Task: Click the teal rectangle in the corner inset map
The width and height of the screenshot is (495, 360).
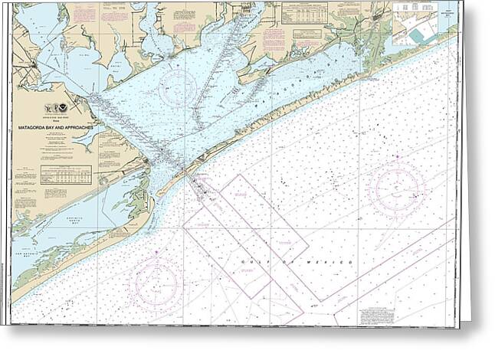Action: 418,35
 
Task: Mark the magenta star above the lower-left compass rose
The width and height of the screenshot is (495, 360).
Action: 159,250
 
